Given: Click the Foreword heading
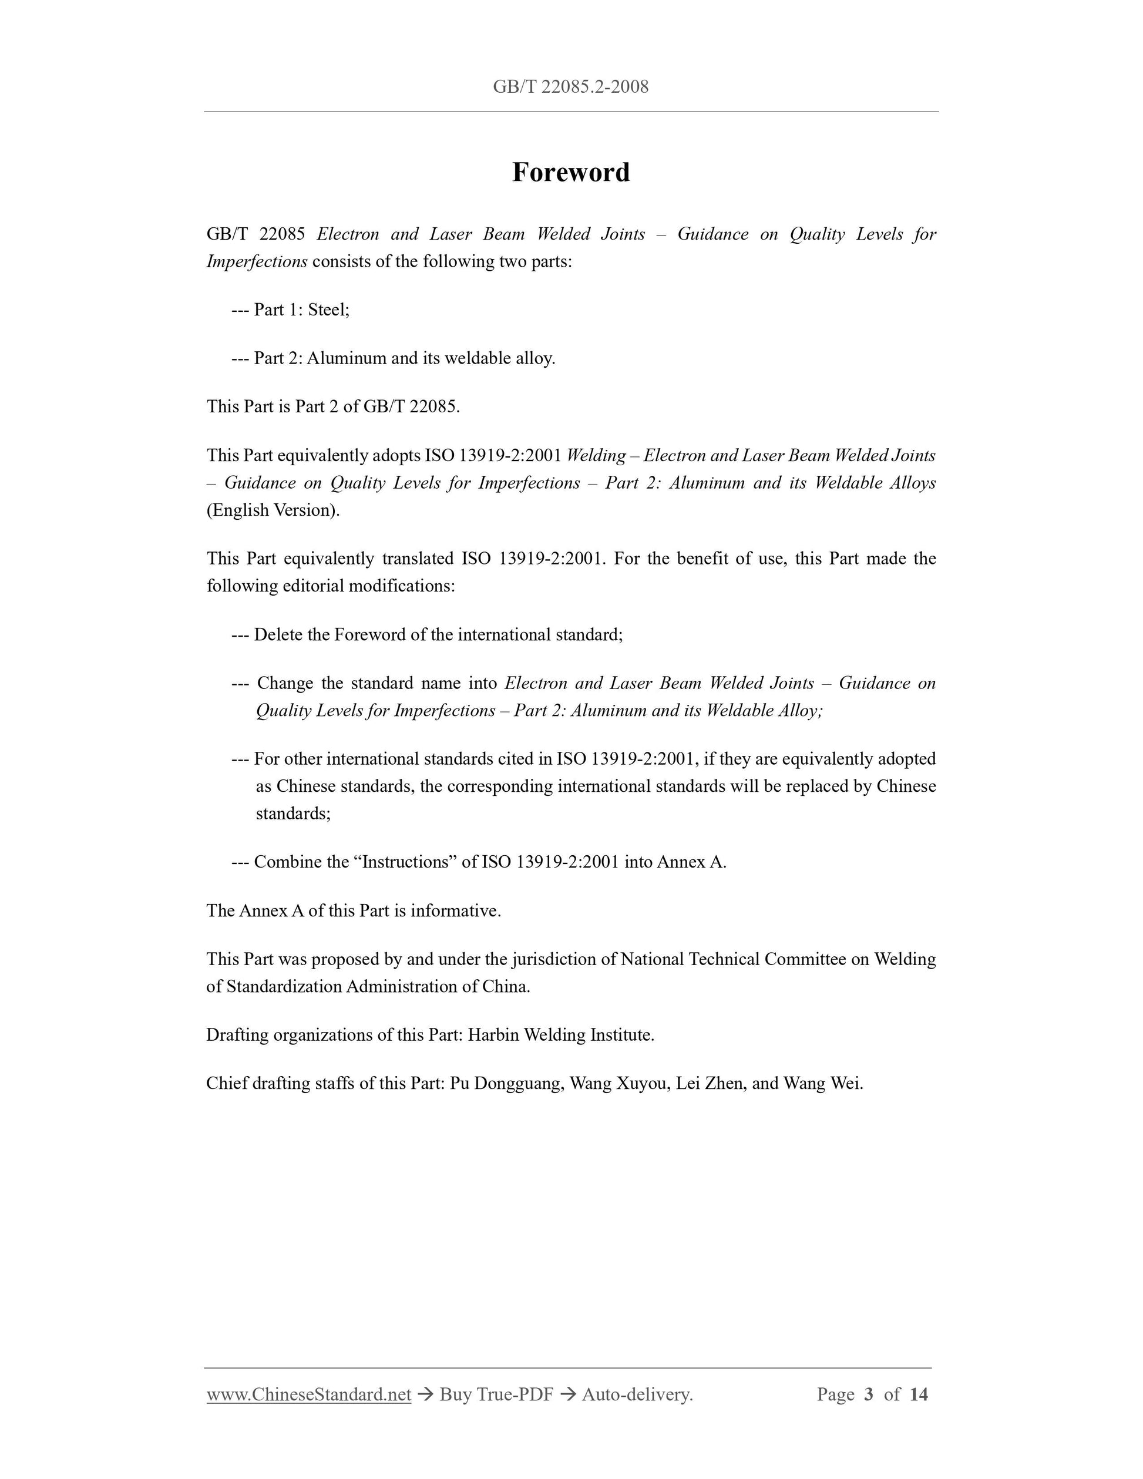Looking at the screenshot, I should [571, 172].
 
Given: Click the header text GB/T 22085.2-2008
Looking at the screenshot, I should [571, 87].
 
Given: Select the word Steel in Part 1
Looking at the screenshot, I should [328, 310].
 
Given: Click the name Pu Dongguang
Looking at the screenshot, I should [506, 1084].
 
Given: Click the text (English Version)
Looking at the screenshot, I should [273, 510].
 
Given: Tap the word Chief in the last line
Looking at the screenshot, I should [226, 1084].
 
